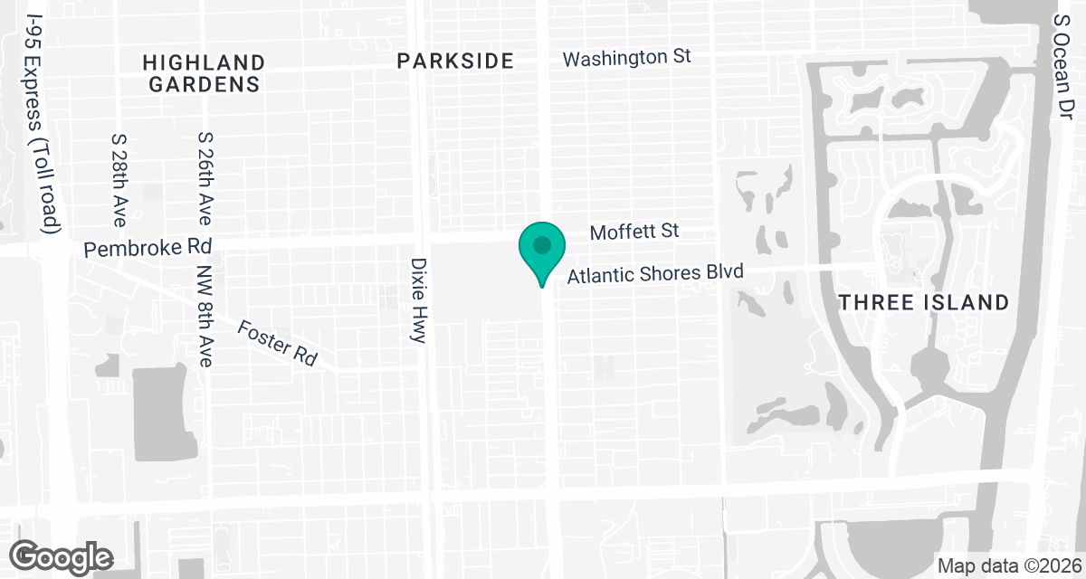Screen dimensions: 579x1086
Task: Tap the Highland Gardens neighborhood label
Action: (205, 73)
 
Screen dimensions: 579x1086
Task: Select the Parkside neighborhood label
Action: (456, 62)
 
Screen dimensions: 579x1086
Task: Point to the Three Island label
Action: (923, 302)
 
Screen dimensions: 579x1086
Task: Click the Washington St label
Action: (626, 58)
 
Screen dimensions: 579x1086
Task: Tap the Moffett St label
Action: (633, 233)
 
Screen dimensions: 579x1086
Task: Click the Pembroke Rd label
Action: (148, 247)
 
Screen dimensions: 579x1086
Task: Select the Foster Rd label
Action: (277, 343)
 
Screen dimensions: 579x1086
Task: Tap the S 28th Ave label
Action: (119, 181)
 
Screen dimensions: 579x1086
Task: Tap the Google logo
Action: (62, 555)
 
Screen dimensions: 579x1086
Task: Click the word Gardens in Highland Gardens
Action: (205, 84)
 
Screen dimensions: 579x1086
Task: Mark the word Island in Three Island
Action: (967, 302)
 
